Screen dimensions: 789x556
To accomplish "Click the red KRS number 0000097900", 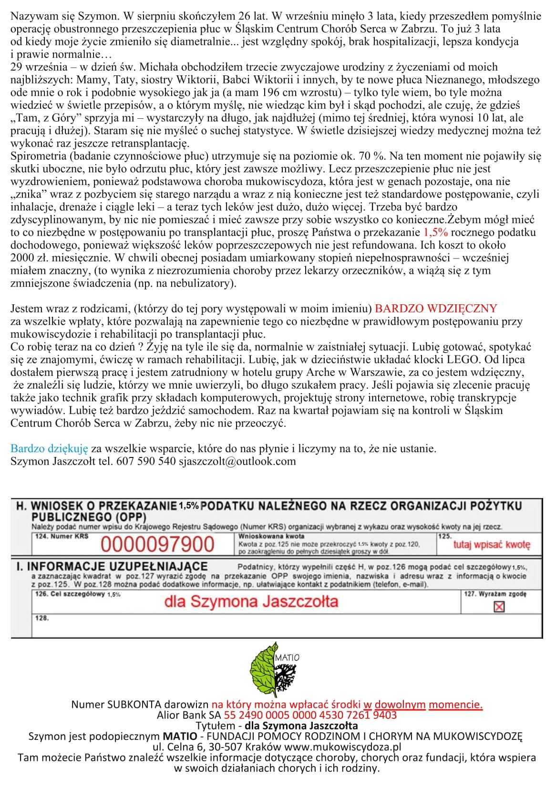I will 157,544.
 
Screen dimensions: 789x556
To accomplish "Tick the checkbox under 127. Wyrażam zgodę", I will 499,606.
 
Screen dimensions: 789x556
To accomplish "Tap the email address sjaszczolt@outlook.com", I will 237,461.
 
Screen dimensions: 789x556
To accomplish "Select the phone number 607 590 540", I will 146,461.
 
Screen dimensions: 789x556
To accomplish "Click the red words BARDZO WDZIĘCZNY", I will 436,308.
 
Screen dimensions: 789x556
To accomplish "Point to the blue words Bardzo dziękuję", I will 49,448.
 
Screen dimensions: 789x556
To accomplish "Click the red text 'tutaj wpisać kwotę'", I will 491,544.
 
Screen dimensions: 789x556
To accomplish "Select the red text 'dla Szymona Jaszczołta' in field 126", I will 251,602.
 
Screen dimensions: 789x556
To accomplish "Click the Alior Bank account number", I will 310,715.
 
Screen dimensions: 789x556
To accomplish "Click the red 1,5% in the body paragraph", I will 435,232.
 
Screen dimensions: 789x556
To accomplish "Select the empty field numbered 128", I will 286,626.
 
